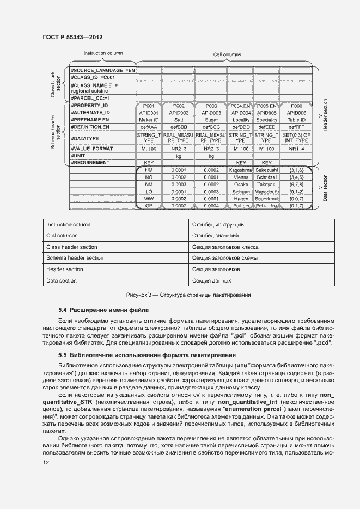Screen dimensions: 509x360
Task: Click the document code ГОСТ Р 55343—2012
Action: pos(72,37)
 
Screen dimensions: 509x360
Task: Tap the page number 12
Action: pos(46,462)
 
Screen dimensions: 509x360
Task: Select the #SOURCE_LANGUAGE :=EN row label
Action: pos(102,71)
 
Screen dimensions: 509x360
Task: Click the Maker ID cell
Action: pos(148,120)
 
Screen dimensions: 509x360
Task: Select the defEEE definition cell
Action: pos(267,127)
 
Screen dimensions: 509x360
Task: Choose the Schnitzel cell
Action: pos(267,177)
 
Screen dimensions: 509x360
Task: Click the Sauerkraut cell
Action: pos(267,199)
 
